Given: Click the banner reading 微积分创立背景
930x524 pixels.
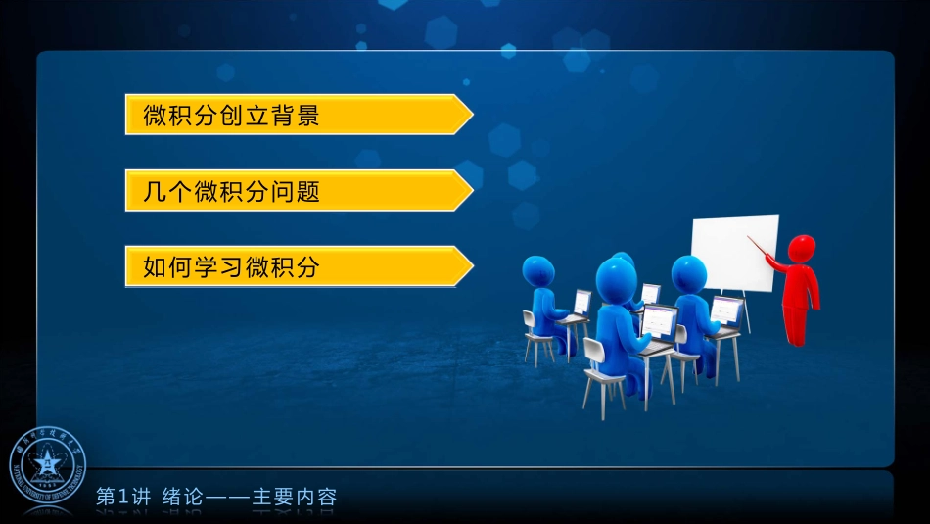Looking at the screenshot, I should point(294,116).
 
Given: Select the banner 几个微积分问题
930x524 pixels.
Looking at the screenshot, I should point(294,191).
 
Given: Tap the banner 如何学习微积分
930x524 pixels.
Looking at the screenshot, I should point(294,266).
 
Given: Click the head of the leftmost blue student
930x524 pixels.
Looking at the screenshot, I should point(537,271).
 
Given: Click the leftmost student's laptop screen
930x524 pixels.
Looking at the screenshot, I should point(582,301).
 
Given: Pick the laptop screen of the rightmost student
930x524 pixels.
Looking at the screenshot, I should point(726,310).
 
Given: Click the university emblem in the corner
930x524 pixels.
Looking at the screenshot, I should point(48,465).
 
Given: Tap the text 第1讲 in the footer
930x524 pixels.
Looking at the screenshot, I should point(122,498).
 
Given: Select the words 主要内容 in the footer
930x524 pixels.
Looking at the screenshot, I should point(294,498).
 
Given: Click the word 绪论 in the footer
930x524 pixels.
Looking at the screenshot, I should point(182,498).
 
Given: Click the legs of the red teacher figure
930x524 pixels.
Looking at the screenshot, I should point(797,323).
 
